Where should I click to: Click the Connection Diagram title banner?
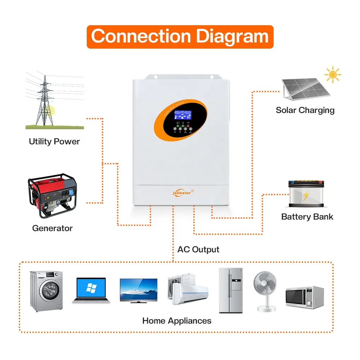(180, 37)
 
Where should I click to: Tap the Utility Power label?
(54, 141)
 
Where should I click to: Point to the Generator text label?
(52, 228)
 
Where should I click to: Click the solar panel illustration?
(305, 88)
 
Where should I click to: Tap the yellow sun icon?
(333, 75)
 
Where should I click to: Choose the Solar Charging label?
(305, 110)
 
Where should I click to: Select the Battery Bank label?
(307, 217)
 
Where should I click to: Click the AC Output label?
(198, 249)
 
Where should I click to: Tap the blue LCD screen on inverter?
(183, 115)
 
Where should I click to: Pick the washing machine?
(46, 291)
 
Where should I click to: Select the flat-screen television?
(138, 290)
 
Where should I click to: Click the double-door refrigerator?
(231, 290)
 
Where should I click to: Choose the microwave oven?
(305, 297)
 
